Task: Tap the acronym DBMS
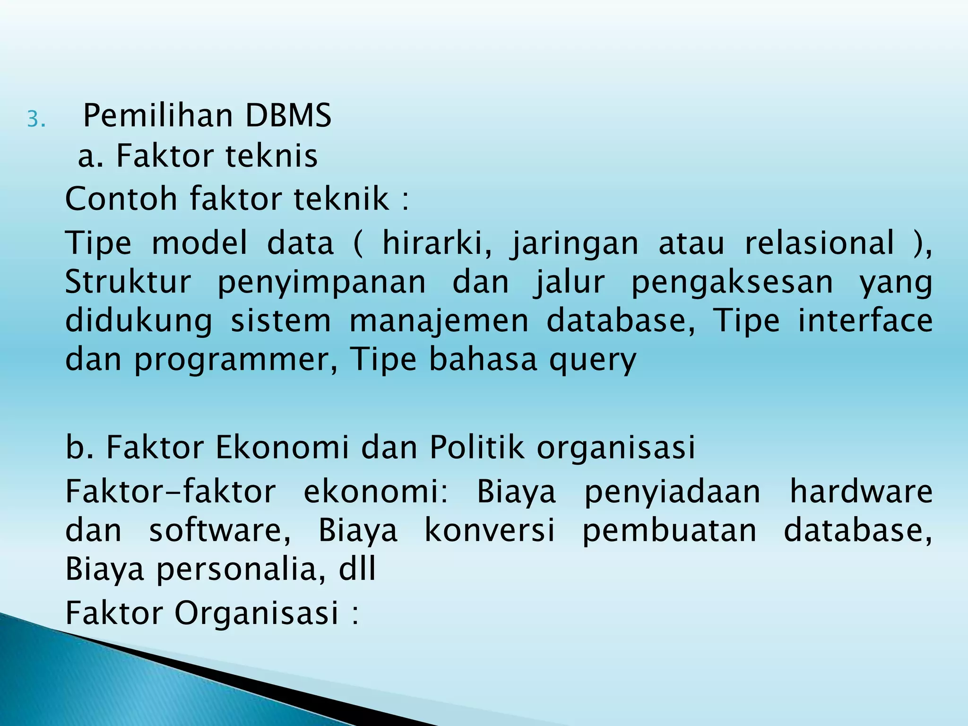pos(288,116)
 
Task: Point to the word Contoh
pos(121,199)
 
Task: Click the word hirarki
pos(437,243)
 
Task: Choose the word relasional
pos(820,243)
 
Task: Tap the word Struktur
pos(128,282)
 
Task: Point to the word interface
pos(865,321)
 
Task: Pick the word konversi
pos(490,530)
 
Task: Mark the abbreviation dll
pos(357,569)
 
